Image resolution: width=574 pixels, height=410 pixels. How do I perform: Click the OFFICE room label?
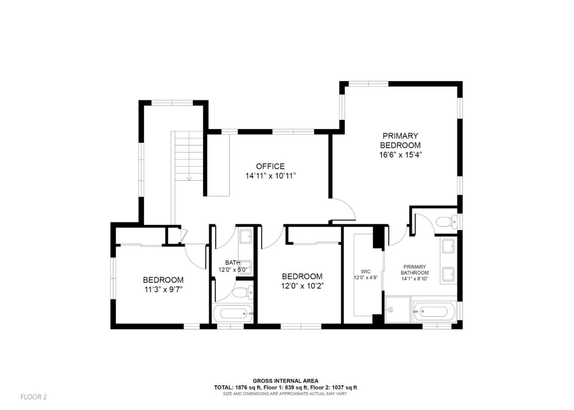click(x=270, y=167)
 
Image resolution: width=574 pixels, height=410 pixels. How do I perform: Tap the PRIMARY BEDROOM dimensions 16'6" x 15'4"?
click(x=400, y=155)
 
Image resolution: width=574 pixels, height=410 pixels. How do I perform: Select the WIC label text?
click(x=366, y=272)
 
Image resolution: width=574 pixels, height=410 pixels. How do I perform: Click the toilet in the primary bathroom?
click(x=446, y=222)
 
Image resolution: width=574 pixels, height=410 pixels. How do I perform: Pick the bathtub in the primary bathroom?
click(x=434, y=312)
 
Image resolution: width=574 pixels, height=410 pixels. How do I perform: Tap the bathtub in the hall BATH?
click(x=233, y=313)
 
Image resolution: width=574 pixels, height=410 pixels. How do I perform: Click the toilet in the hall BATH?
click(x=243, y=292)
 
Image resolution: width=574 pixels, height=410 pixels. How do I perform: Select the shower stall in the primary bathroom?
click(x=397, y=310)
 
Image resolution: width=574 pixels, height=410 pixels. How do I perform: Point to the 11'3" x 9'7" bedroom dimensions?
click(x=163, y=290)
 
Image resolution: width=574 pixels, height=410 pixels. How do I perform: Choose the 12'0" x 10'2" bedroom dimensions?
click(x=302, y=286)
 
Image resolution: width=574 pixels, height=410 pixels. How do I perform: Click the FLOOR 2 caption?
click(x=33, y=397)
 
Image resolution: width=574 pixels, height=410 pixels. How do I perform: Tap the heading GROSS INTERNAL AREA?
click(x=285, y=381)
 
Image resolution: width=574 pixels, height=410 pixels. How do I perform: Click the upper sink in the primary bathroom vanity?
click(x=448, y=246)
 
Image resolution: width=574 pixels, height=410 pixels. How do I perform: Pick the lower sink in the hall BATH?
click(x=246, y=268)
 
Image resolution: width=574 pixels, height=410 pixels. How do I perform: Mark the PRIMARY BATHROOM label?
click(x=415, y=270)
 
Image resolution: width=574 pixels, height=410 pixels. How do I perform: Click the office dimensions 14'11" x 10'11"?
click(x=271, y=176)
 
